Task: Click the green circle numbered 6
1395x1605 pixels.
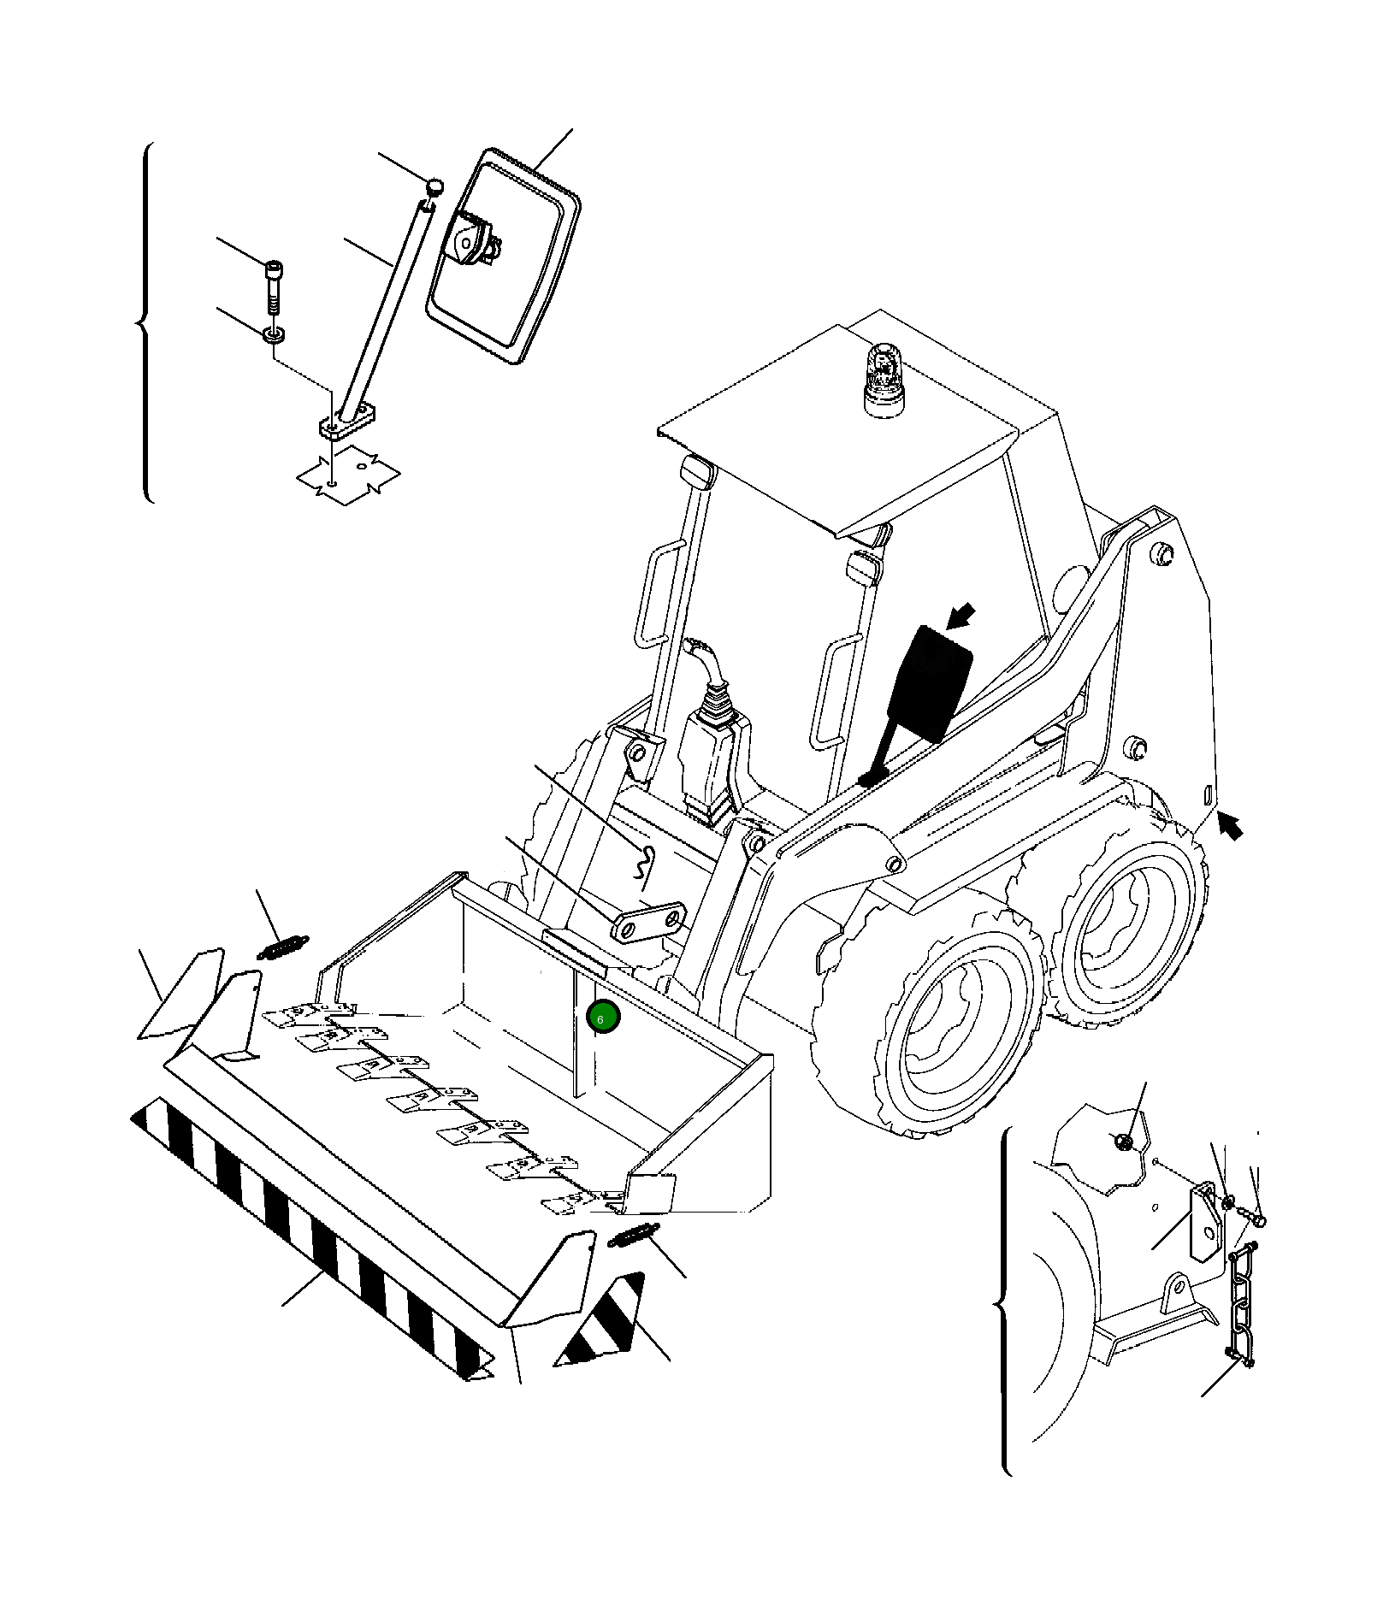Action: tap(604, 1018)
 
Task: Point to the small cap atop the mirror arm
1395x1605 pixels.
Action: tap(435, 186)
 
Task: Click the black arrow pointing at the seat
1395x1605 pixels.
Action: tap(961, 615)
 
